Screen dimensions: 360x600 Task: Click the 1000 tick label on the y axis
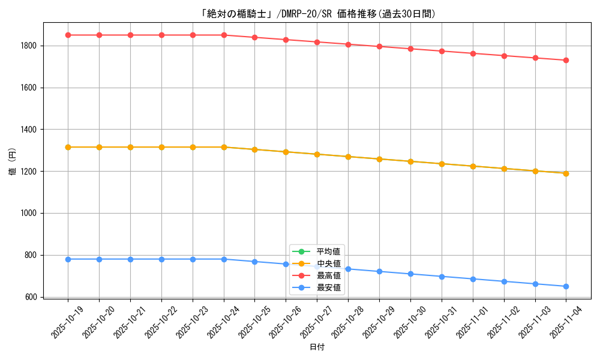29,213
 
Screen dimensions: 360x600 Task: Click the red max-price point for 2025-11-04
566,60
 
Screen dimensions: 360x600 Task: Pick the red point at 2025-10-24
224,35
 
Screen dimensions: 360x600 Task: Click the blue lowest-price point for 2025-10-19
68,259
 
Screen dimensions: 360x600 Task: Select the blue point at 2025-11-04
566,286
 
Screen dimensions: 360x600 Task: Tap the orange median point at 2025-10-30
410,161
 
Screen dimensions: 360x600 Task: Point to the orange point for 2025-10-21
130,147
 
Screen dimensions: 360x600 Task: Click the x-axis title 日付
317,347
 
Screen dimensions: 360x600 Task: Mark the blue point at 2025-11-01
473,279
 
